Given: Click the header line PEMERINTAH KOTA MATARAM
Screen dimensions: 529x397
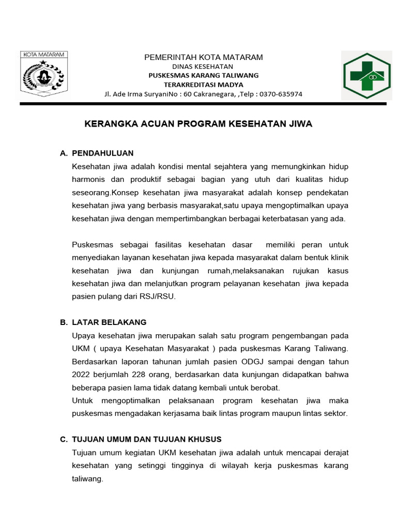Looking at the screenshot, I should [203, 57].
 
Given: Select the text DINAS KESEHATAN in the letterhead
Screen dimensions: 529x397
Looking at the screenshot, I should [203, 67].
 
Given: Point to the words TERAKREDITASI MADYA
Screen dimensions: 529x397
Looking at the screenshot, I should [203, 85].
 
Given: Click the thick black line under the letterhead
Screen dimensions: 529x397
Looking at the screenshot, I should [203, 104].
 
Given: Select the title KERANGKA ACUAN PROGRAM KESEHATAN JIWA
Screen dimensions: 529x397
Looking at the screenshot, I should [198, 124].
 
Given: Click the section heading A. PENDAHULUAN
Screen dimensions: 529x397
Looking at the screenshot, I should [97, 153].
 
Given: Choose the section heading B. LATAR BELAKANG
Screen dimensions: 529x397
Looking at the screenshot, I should [103, 322].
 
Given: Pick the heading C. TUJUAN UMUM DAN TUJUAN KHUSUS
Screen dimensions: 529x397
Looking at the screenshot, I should [141, 439].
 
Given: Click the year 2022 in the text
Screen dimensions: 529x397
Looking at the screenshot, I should [82, 374].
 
